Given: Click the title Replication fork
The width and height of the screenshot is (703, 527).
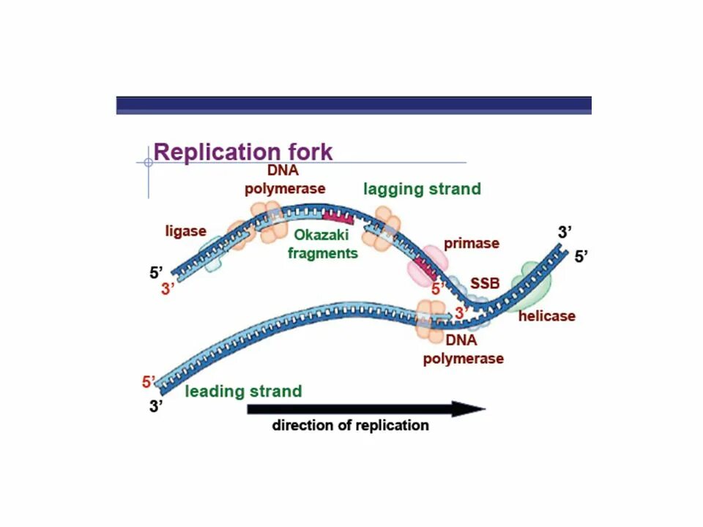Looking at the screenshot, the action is pyautogui.click(x=243, y=152).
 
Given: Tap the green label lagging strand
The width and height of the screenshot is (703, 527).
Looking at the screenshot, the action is pyautogui.click(x=423, y=189).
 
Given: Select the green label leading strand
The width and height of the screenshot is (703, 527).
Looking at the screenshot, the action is pyautogui.click(x=243, y=391).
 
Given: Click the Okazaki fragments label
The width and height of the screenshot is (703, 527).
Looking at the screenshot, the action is pyautogui.click(x=323, y=244).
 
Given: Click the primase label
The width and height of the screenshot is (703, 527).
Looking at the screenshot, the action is pyautogui.click(x=471, y=243).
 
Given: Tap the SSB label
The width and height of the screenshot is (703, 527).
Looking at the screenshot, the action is pyautogui.click(x=485, y=283).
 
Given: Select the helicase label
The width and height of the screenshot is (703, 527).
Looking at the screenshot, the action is pyautogui.click(x=546, y=316).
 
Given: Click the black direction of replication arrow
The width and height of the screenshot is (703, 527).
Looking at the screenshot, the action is pyautogui.click(x=366, y=408).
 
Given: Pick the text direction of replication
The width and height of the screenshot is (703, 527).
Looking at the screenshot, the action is pyautogui.click(x=351, y=425).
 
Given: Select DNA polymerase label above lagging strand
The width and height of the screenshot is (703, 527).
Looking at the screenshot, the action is pyautogui.click(x=285, y=180).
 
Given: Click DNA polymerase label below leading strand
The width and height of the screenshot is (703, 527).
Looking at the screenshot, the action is pyautogui.click(x=463, y=350).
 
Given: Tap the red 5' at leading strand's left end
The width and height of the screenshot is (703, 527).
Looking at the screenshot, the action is pyautogui.click(x=149, y=381).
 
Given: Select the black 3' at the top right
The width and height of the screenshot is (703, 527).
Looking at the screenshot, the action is pyautogui.click(x=565, y=232).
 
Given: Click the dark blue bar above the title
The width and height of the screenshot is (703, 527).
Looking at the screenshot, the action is pyautogui.click(x=354, y=105).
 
